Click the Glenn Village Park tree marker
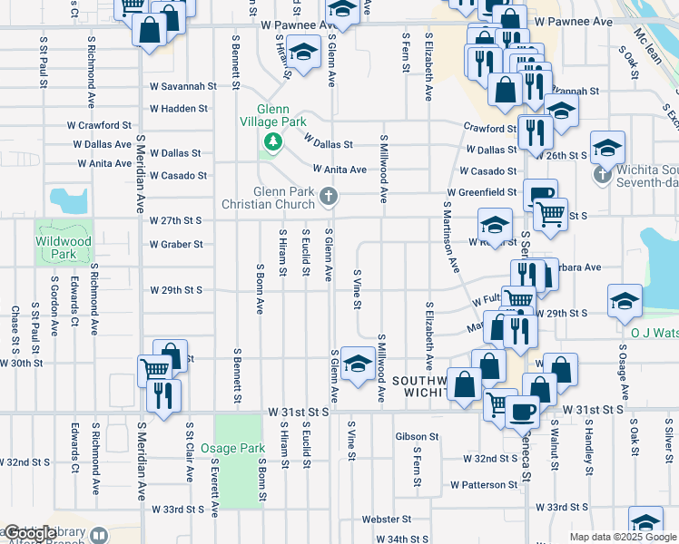[271, 141]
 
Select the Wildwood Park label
[55, 248]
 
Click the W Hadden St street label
[179, 108]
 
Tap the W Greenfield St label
[487, 193]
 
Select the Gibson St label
[417, 436]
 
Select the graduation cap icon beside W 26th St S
[607, 146]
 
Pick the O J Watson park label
[654, 332]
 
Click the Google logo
[27, 533]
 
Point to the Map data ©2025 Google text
[623, 537]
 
